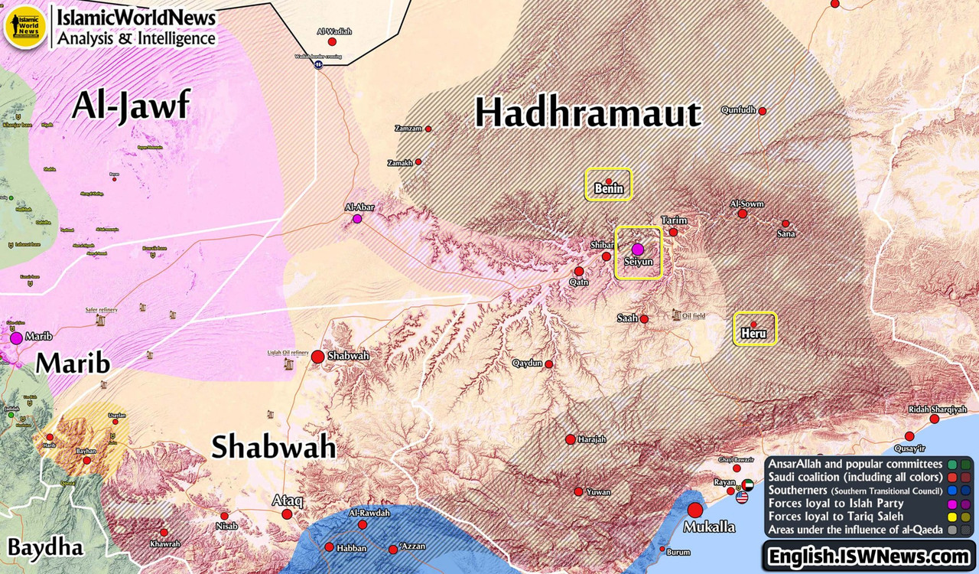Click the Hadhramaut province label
click(x=587, y=113)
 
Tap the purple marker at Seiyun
click(x=638, y=249)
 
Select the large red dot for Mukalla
click(x=694, y=510)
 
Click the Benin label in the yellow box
click(x=609, y=188)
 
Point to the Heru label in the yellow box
click(x=753, y=333)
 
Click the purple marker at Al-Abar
click(x=357, y=219)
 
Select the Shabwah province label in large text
click(x=273, y=447)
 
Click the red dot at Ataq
click(x=287, y=514)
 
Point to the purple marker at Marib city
click(x=16, y=338)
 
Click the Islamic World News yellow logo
click(x=26, y=27)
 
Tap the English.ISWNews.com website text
click(x=869, y=556)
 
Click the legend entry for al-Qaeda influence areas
click(x=855, y=530)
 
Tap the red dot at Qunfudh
click(x=763, y=111)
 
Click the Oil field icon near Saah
click(x=676, y=315)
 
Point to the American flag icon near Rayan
click(x=742, y=497)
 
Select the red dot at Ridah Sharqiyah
click(x=934, y=419)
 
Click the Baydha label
click(x=46, y=546)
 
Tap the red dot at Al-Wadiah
click(x=332, y=41)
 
